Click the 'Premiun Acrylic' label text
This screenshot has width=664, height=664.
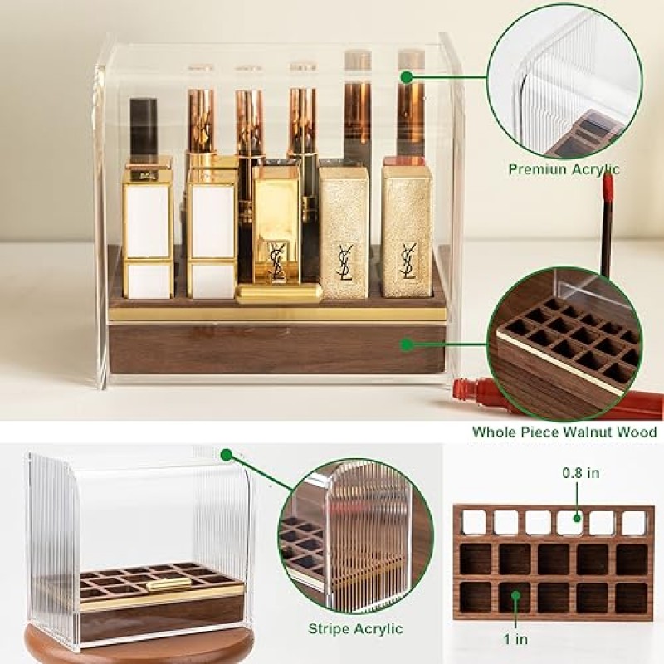coord(564,169)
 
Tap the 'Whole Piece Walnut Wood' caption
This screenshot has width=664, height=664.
coord(564,432)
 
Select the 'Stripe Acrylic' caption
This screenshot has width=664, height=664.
coord(355,629)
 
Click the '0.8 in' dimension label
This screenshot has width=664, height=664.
coord(580,472)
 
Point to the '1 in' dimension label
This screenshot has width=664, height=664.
coord(515,639)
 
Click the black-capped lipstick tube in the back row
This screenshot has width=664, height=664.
coord(144,128)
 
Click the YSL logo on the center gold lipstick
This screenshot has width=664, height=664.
coord(277,261)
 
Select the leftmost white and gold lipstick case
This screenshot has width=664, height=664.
coord(148,227)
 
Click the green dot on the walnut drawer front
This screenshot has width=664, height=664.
coord(407,344)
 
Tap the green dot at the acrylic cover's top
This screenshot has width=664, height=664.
coord(407,76)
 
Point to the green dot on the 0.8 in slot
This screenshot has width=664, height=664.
coord(576,518)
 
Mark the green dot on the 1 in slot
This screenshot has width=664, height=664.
coord(515,596)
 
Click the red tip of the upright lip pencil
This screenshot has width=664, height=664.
coord(608,187)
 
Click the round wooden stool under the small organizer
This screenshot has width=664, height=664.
coord(139,646)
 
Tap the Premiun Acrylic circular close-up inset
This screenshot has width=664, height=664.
coord(564,81)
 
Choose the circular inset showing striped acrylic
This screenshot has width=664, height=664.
coord(355,537)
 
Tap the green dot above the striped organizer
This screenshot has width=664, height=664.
coord(227,455)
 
